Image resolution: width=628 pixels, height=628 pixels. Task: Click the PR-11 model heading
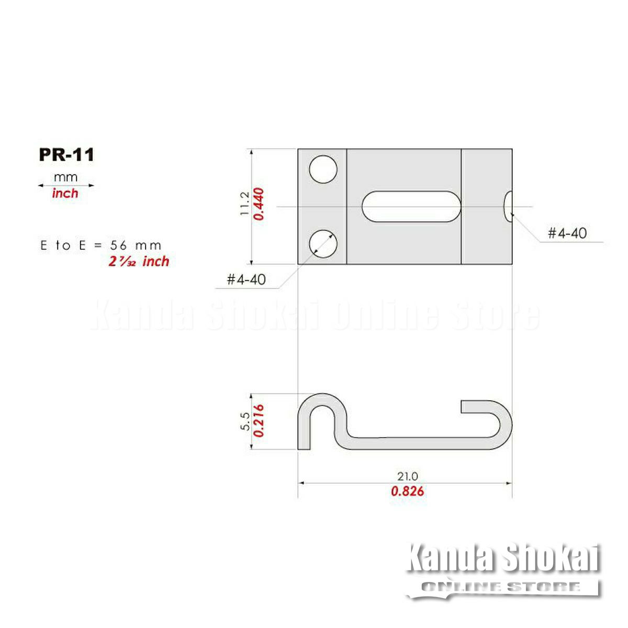pyautogui.click(x=66, y=154)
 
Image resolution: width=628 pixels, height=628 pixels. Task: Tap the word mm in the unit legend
pyautogui.click(x=65, y=177)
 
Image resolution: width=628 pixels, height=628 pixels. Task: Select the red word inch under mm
pyautogui.click(x=65, y=193)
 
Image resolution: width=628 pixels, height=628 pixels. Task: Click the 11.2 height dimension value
pyautogui.click(x=245, y=204)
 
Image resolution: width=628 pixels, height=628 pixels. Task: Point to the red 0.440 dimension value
pyautogui.click(x=259, y=204)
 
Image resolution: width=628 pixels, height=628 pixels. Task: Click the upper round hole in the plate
pyautogui.click(x=323, y=169)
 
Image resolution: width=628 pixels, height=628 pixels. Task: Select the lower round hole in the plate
pyautogui.click(x=323, y=244)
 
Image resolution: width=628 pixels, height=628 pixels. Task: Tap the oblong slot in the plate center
pyautogui.click(x=411, y=206)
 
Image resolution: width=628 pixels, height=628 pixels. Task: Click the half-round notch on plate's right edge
pyautogui.click(x=508, y=206)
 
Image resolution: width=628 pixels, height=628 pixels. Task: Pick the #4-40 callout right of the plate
pyautogui.click(x=567, y=233)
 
